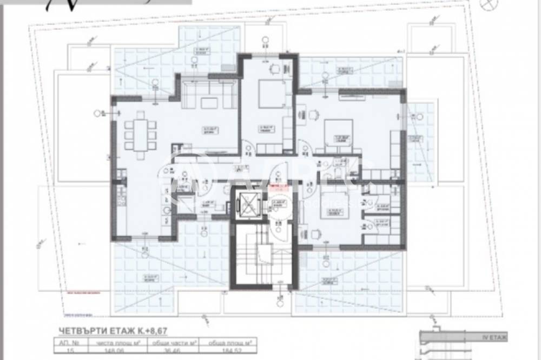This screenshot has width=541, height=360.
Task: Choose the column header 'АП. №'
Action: pyautogui.click(x=70, y=342)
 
